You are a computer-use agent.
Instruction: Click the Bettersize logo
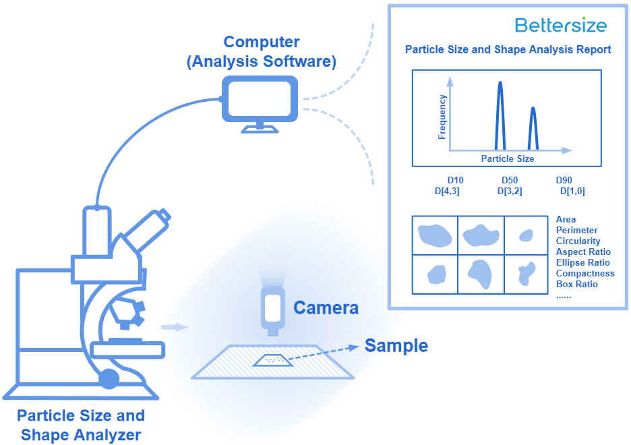pyautogui.click(x=561, y=25)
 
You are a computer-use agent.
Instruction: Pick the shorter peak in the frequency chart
pyautogui.click(x=533, y=129)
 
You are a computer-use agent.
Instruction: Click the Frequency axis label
pyautogui.click(x=442, y=117)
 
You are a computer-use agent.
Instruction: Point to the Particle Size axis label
pyautogui.click(x=508, y=159)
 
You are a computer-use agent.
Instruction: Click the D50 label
pyautogui.click(x=510, y=180)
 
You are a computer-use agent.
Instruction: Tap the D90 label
pyautogui.click(x=564, y=180)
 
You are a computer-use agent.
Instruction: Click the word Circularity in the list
pyautogui.click(x=578, y=241)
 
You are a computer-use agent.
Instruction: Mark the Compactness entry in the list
pyautogui.click(x=585, y=274)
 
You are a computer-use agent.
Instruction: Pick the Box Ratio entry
pyautogui.click(x=576, y=284)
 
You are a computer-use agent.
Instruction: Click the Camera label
pyautogui.click(x=326, y=308)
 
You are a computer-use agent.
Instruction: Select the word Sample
pyautogui.click(x=396, y=346)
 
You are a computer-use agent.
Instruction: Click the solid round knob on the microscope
pyautogui.click(x=109, y=379)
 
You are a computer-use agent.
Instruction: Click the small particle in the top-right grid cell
pyautogui.click(x=526, y=235)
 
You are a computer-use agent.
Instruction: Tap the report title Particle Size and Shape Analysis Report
pyautogui.click(x=508, y=49)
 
